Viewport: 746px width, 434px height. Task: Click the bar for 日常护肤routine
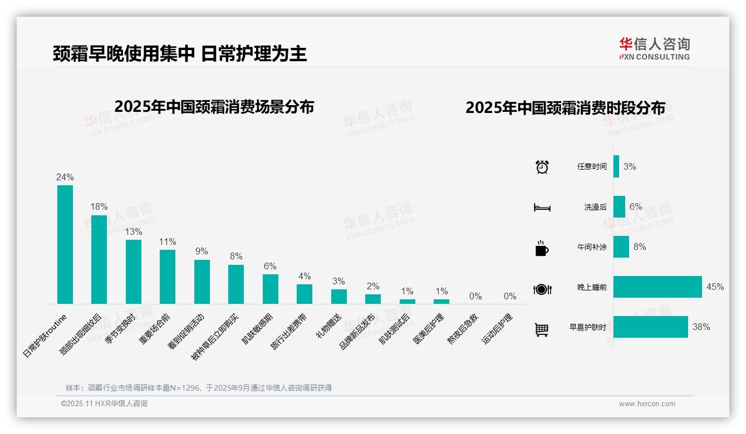click(x=65, y=244)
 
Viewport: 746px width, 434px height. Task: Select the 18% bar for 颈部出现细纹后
click(x=99, y=259)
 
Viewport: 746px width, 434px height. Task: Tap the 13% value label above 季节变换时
click(x=134, y=231)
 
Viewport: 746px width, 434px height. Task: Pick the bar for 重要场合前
click(x=168, y=277)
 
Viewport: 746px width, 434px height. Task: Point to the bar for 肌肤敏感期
click(x=271, y=289)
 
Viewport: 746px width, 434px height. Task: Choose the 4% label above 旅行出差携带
click(x=305, y=276)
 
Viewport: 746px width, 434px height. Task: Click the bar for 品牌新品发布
click(x=373, y=299)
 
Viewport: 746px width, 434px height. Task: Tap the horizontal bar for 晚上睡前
click(x=657, y=287)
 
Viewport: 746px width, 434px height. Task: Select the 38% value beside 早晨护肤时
click(x=701, y=327)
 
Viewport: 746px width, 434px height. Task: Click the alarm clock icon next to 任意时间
click(x=542, y=166)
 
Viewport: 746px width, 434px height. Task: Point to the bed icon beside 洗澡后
click(x=542, y=207)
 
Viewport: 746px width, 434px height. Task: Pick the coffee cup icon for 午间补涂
click(x=542, y=248)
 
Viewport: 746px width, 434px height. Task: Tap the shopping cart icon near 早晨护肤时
click(x=542, y=329)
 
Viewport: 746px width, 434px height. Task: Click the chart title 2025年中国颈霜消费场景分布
click(x=214, y=107)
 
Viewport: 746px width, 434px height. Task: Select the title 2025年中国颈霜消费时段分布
click(x=565, y=108)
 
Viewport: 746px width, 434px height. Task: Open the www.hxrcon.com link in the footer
click(x=647, y=404)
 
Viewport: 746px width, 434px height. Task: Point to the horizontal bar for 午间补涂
click(x=621, y=246)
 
